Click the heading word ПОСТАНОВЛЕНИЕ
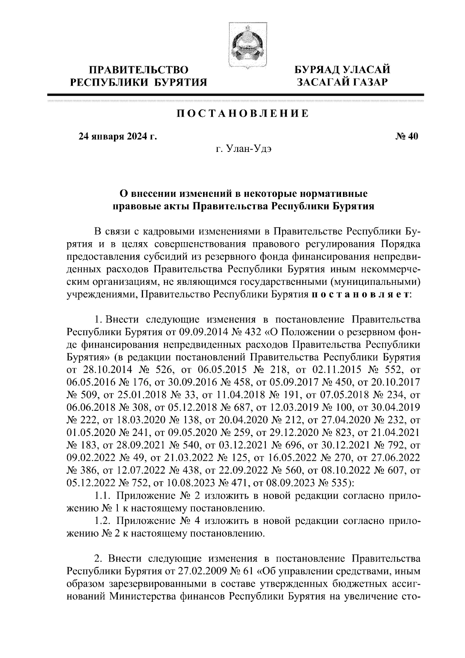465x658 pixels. click(243, 114)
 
